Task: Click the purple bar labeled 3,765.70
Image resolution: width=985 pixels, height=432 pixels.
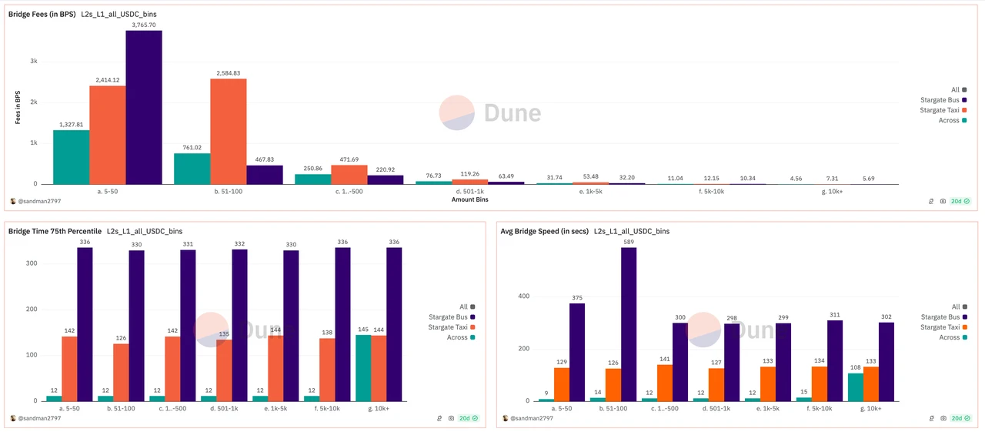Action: pos(144,107)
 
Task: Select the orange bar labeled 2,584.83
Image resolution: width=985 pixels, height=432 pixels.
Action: pos(228,131)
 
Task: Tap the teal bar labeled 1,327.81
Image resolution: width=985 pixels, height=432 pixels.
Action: pos(71,157)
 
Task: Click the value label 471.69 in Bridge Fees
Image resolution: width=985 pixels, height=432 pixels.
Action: pos(349,159)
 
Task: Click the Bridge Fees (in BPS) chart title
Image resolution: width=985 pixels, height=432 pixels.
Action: pos(42,15)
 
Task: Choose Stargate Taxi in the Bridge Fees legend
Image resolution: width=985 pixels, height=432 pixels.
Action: pos(940,110)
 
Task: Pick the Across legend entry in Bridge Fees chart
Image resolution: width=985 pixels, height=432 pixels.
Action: pos(949,120)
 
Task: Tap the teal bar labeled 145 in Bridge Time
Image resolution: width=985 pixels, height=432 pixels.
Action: pos(363,368)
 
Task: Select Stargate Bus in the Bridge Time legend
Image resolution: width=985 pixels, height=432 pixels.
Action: pos(449,317)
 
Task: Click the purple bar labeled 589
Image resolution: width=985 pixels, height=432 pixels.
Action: pos(629,324)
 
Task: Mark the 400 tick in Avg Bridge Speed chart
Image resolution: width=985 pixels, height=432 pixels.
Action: pos(523,296)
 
